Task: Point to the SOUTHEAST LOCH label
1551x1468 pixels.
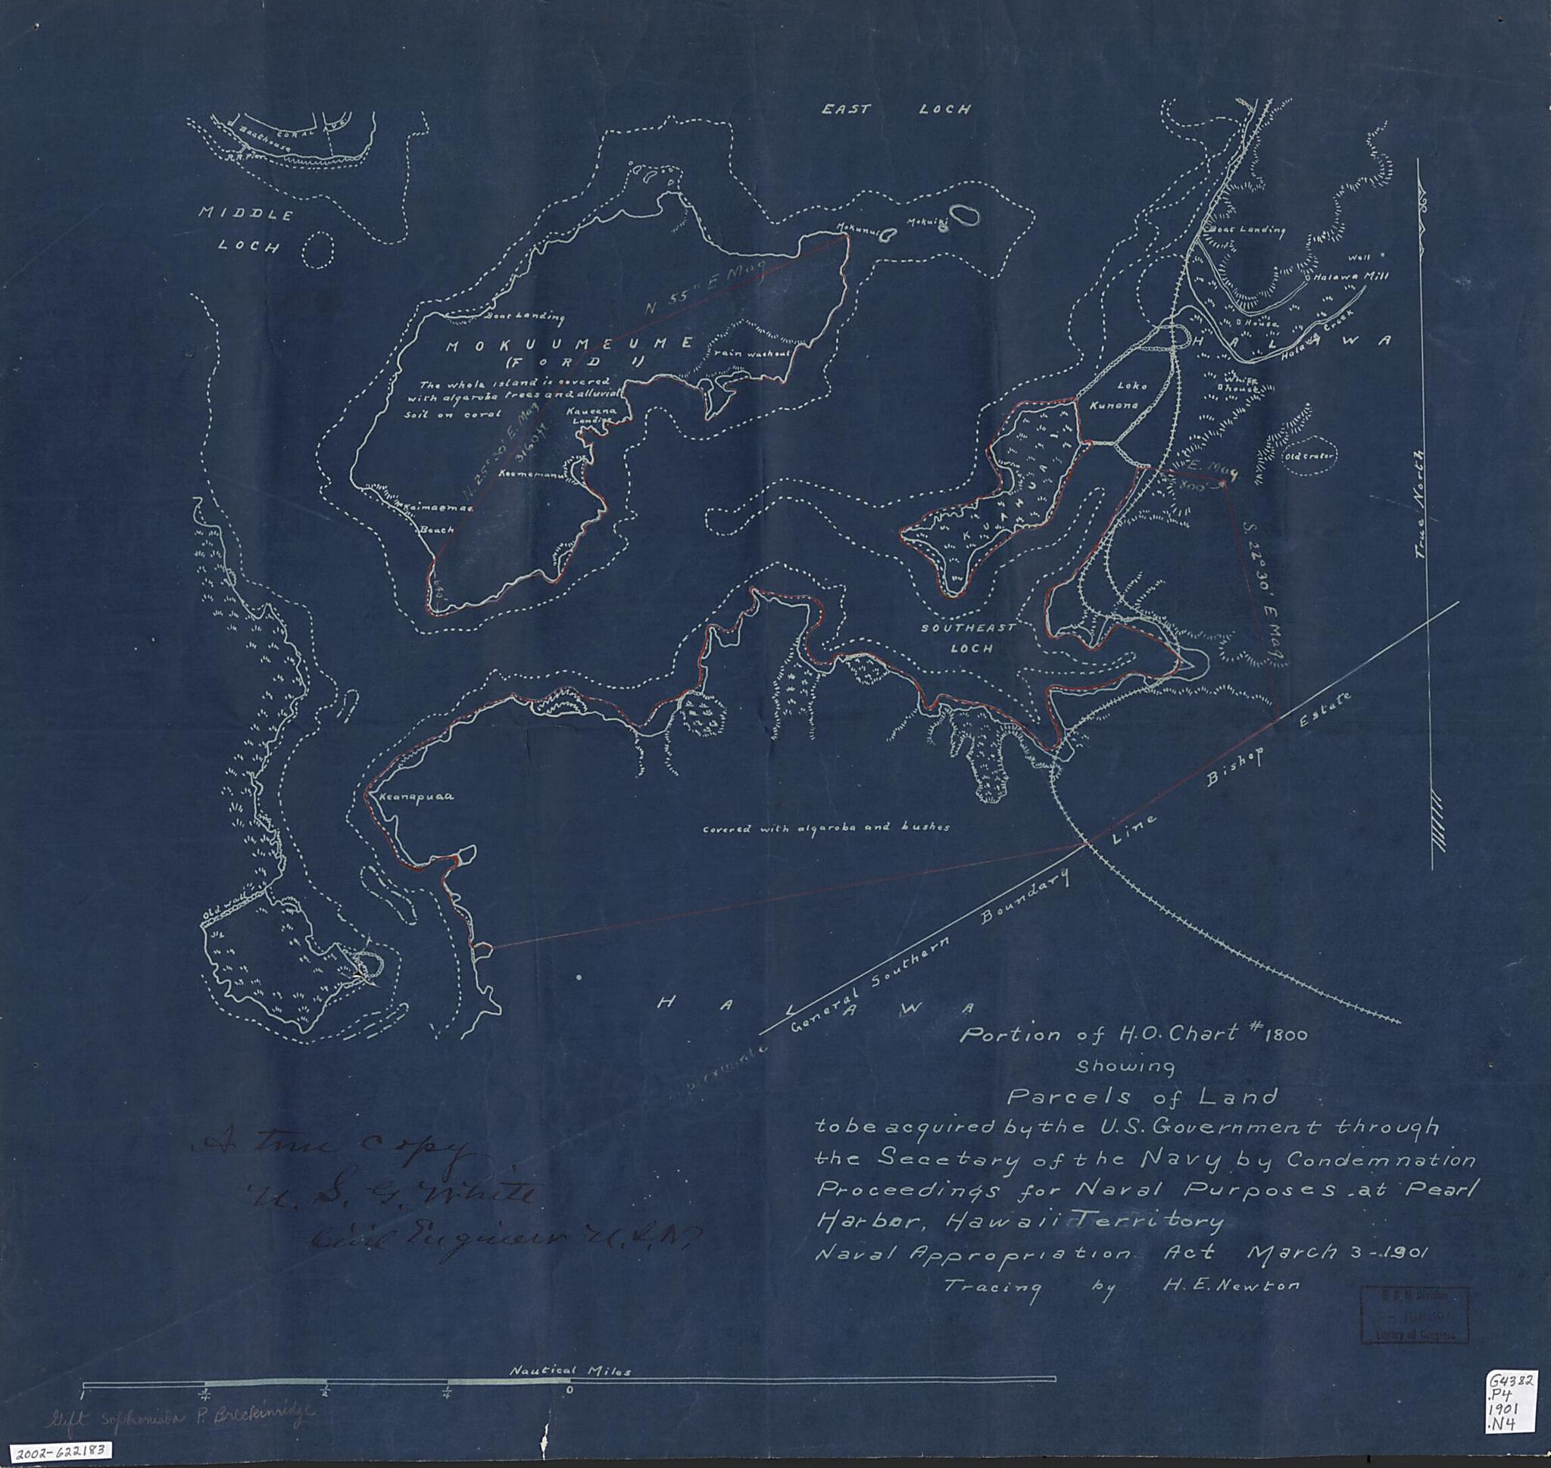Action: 969,637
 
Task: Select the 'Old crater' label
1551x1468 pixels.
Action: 1309,457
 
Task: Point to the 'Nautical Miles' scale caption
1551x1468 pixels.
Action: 570,1370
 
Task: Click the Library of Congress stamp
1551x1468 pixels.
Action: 1415,1314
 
